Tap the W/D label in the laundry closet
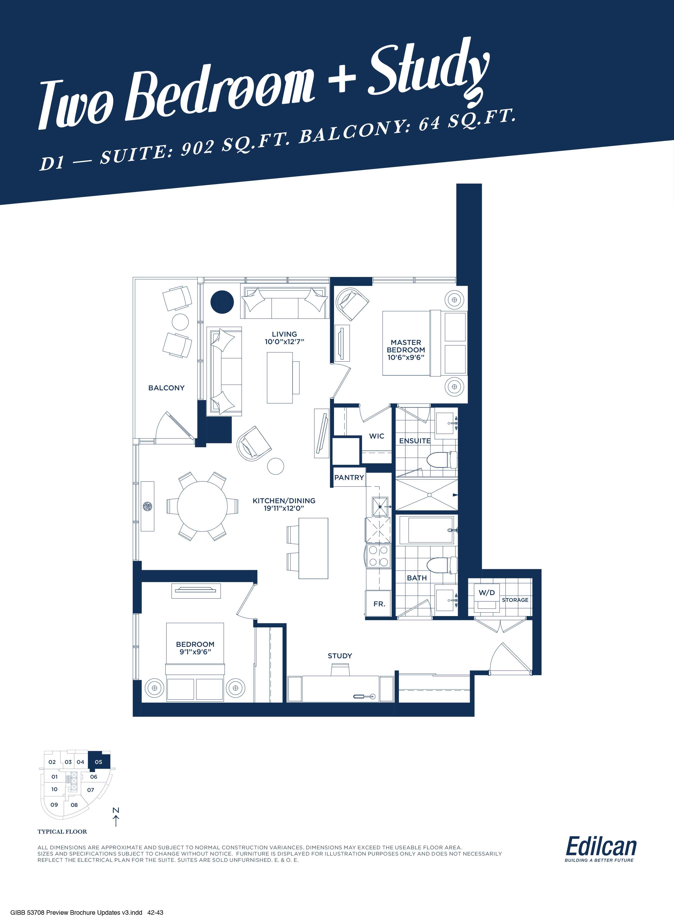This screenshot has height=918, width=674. (487, 592)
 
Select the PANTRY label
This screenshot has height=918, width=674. (349, 477)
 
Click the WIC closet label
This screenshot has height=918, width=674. (377, 436)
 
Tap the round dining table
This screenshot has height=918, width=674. (202, 506)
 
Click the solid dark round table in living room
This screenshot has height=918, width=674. (222, 302)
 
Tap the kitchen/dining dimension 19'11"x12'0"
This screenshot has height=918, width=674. (284, 508)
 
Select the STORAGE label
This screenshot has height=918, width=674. (515, 600)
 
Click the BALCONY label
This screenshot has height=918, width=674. (167, 388)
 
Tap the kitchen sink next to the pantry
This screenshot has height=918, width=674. (380, 506)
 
